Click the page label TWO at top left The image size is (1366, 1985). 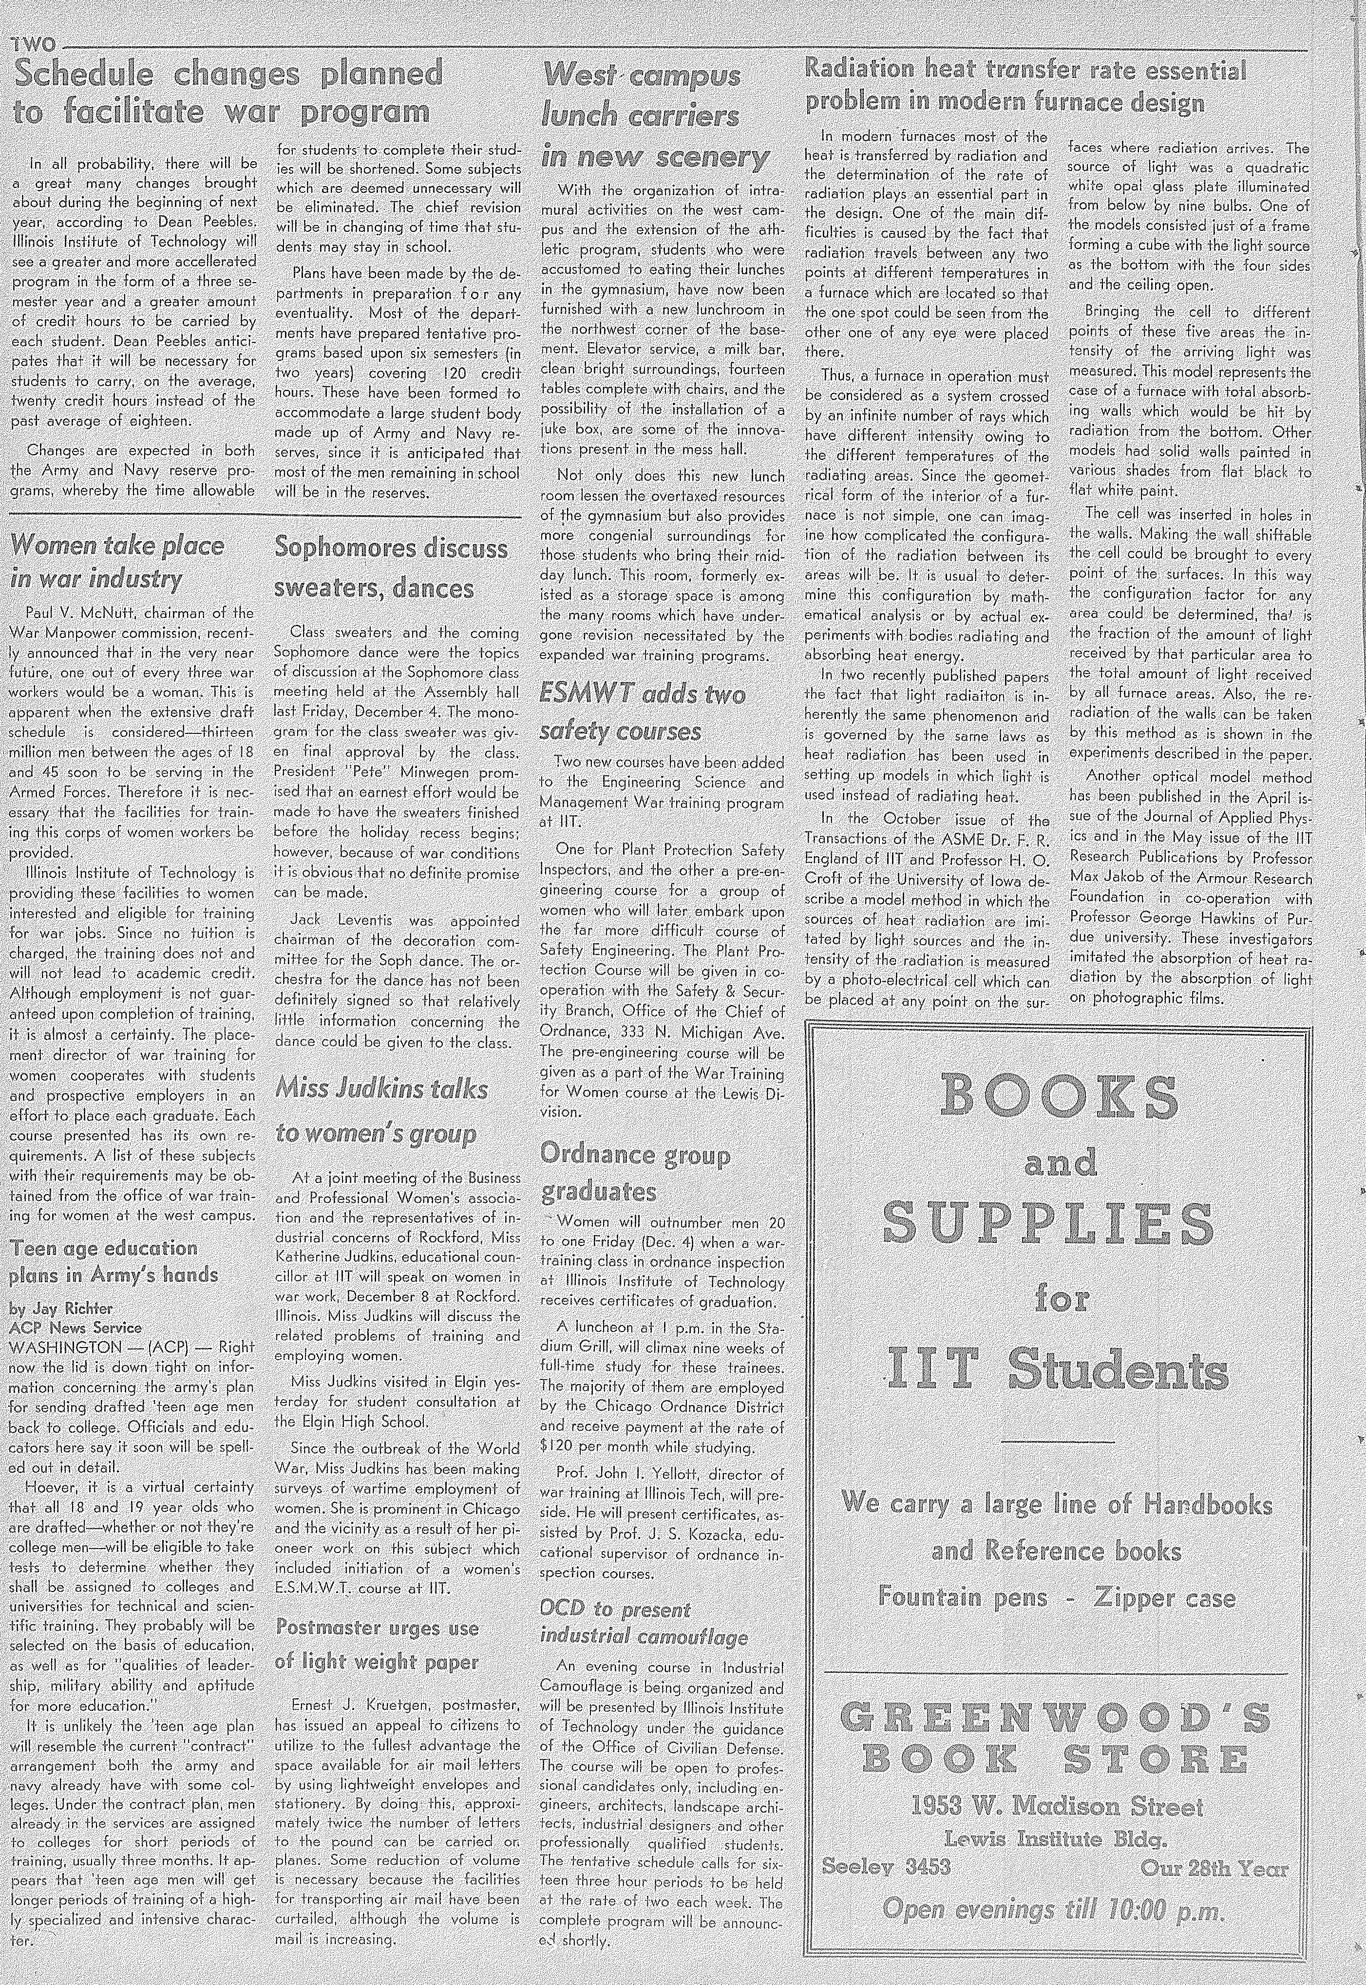(x=34, y=44)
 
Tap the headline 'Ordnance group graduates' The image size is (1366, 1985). (x=635, y=1172)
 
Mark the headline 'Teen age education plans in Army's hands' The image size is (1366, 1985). (x=114, y=1261)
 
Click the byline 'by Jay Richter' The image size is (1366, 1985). (x=60, y=1308)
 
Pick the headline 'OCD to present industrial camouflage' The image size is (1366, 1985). (x=644, y=1622)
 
